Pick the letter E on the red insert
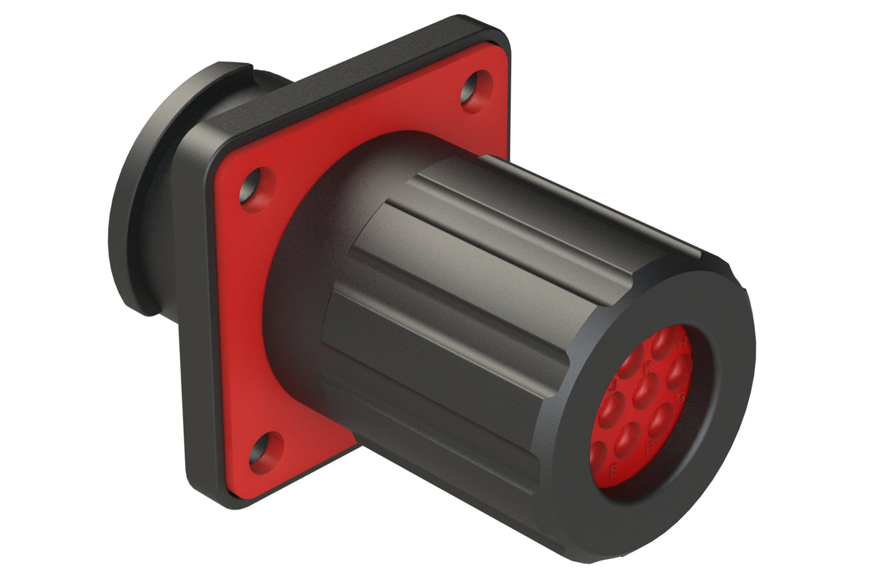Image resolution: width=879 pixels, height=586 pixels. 613,469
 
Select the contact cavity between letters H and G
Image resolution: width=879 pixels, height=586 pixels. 677,373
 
